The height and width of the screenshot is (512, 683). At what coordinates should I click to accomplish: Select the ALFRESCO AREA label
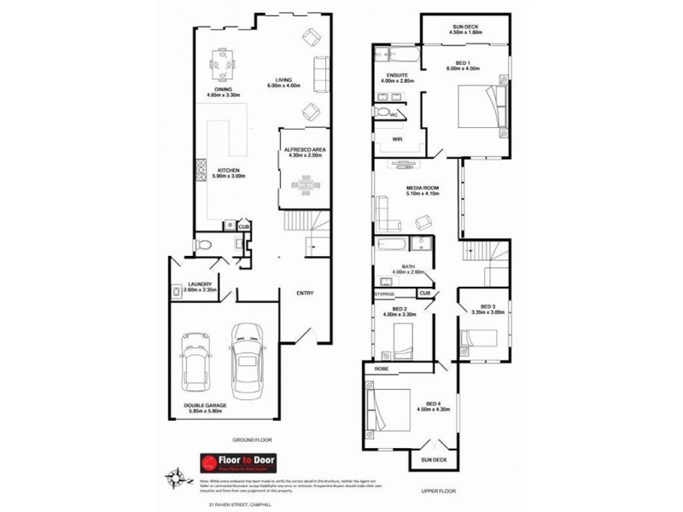tap(305, 152)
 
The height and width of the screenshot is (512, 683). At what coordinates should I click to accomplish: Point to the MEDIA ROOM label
tap(422, 189)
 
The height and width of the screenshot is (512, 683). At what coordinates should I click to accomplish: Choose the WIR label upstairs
tap(397, 139)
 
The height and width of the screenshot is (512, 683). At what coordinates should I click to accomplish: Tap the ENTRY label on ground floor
tap(304, 294)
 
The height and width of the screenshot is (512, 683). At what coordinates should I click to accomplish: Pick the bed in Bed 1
tap(479, 110)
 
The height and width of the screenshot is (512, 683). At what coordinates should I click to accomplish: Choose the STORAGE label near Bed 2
tap(384, 294)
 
